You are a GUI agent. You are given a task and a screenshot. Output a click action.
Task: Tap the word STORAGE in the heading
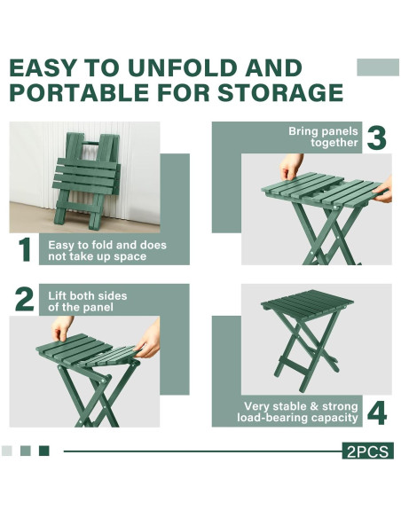coord(280,92)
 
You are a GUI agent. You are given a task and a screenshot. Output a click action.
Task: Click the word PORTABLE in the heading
coord(79,92)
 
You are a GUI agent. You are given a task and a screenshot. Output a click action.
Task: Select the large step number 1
coord(25,250)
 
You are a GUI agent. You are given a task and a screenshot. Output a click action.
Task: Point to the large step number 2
coord(25,300)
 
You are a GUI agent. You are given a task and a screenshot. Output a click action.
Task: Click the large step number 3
coord(376,137)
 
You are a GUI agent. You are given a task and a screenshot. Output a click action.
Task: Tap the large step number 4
coord(377,413)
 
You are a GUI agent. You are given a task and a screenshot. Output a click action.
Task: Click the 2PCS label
coord(367,451)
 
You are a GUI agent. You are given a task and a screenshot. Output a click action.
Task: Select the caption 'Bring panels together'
coord(323,137)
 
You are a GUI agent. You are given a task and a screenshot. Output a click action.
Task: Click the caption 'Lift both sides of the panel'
coord(88,302)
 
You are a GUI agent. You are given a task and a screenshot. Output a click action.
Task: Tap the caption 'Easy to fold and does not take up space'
coord(107,251)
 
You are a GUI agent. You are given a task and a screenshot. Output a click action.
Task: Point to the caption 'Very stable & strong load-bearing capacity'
coord(297,412)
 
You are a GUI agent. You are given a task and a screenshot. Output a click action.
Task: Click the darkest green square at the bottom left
coord(44,451)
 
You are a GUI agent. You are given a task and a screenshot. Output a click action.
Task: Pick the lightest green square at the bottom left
coord(7,451)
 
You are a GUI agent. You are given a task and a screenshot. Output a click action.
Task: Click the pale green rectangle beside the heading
coord(378,67)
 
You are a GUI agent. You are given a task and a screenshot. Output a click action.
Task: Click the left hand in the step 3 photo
coord(290,167)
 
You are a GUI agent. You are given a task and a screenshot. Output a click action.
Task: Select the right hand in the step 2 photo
coord(149,339)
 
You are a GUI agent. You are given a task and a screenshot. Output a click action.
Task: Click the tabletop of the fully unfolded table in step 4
coord(307,302)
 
